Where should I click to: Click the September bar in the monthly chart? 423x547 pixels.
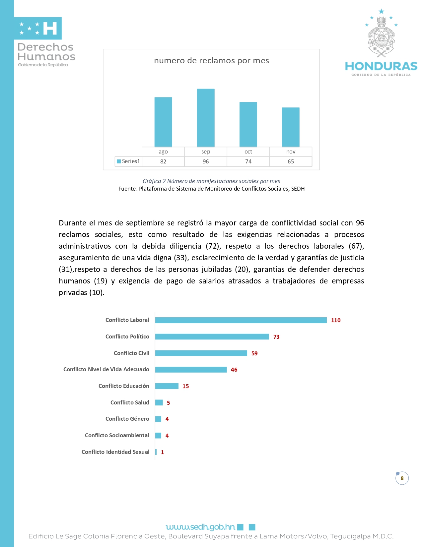(206, 118)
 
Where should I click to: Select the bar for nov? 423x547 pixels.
(291, 127)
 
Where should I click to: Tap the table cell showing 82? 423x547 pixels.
(163, 161)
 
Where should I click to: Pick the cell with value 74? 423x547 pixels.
(248, 161)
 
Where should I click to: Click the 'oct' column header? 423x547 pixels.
(248, 152)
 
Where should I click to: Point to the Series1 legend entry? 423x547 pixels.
(128, 161)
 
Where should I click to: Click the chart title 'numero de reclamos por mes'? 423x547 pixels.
(211, 61)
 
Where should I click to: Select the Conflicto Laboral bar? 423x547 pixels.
(241, 320)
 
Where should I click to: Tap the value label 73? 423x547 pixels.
(276, 337)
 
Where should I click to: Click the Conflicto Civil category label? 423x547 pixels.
(131, 353)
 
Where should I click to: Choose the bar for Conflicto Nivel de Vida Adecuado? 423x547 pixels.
(191, 369)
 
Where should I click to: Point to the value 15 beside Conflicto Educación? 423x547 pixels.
(185, 386)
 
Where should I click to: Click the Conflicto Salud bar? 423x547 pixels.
(159, 402)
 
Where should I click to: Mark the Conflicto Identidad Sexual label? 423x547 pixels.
(115, 452)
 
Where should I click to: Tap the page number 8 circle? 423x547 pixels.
(402, 478)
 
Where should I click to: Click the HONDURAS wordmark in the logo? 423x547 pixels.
(381, 66)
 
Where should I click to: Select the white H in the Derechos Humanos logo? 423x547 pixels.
(50, 29)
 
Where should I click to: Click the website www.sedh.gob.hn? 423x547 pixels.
(200, 527)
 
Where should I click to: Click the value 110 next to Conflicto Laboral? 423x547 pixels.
(336, 320)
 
